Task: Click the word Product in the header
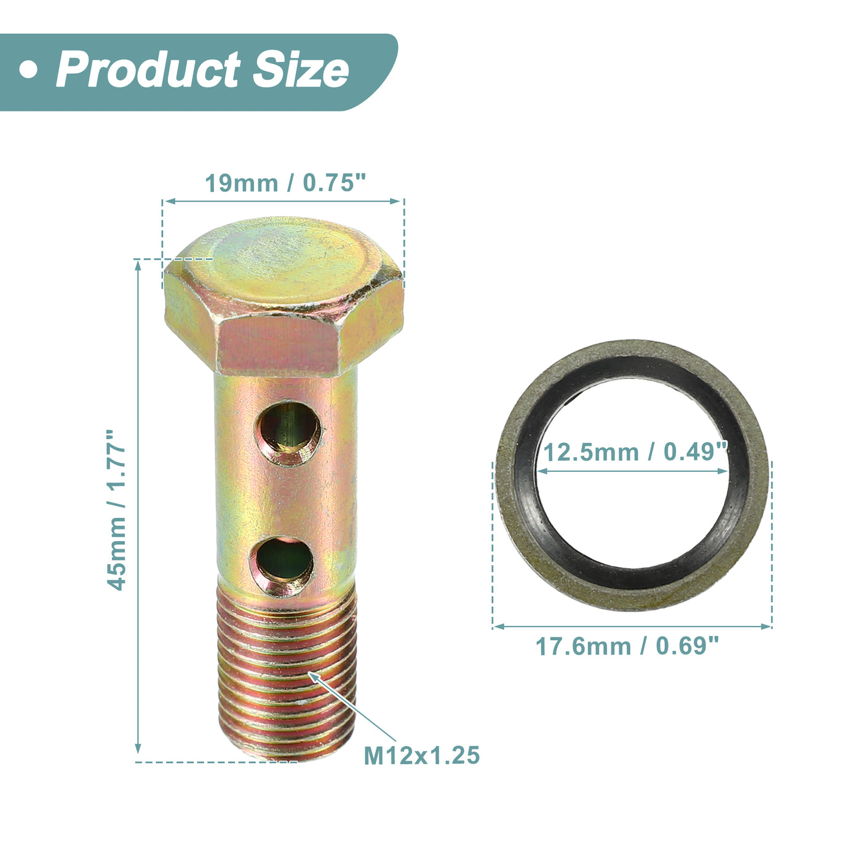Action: [148, 69]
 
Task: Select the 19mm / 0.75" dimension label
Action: [285, 183]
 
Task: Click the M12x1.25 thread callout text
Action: [422, 755]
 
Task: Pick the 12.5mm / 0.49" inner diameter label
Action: [635, 452]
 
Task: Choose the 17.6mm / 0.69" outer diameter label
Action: [627, 646]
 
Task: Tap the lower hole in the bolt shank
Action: [282, 566]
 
